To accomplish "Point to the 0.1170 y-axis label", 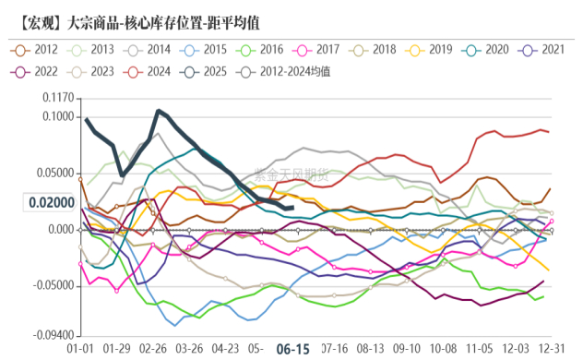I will point(57,97).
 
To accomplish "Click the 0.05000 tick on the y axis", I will point(54,173).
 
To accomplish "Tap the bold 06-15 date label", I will point(292,349).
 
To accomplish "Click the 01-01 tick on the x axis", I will point(81,349).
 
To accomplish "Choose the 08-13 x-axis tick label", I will point(370,349).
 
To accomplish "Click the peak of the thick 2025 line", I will point(160,111).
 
